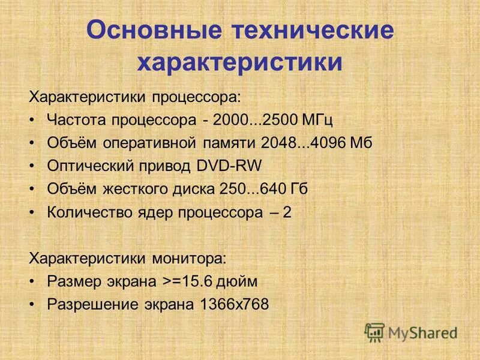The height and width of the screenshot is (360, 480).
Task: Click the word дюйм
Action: tap(241, 281)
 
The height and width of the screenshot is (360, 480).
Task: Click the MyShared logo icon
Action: tap(374, 332)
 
